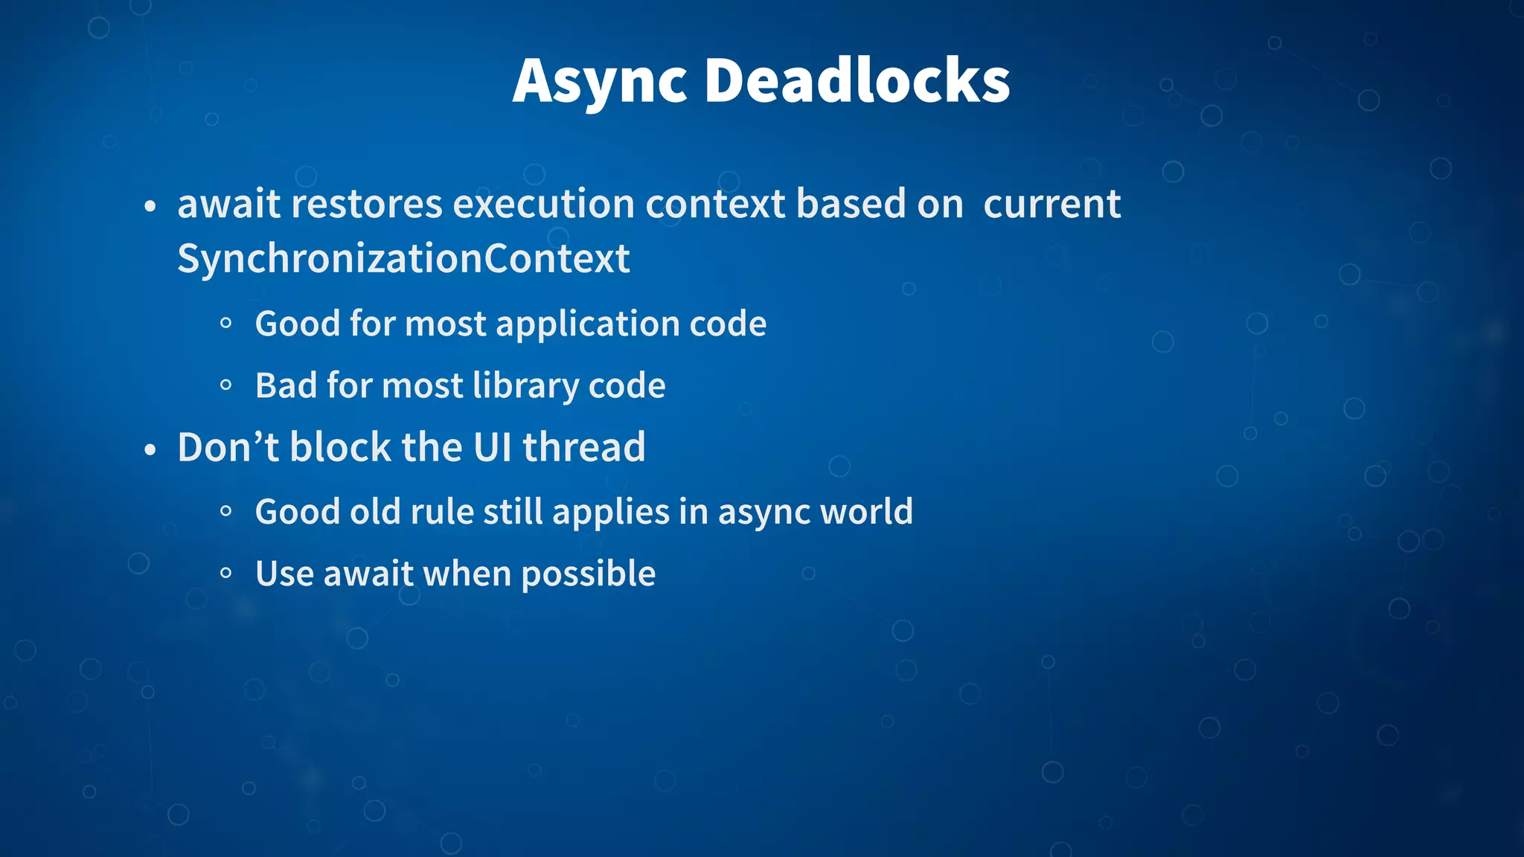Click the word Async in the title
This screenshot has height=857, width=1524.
[599, 82]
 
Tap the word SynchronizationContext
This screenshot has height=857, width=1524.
[403, 259]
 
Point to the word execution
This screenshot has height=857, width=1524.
[543, 204]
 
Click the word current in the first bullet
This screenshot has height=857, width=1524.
[1051, 204]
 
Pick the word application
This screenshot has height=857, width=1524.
[587, 324]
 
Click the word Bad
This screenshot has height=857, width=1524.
[286, 385]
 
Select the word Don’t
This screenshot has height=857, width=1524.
[228, 447]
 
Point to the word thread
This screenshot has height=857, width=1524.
[583, 447]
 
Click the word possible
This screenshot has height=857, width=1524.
[588, 574]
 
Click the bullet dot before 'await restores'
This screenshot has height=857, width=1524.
[150, 206]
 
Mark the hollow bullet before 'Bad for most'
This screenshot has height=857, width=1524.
[226, 385]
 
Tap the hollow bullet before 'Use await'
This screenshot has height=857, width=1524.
[226, 574]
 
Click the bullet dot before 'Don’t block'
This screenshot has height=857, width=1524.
[150, 450]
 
